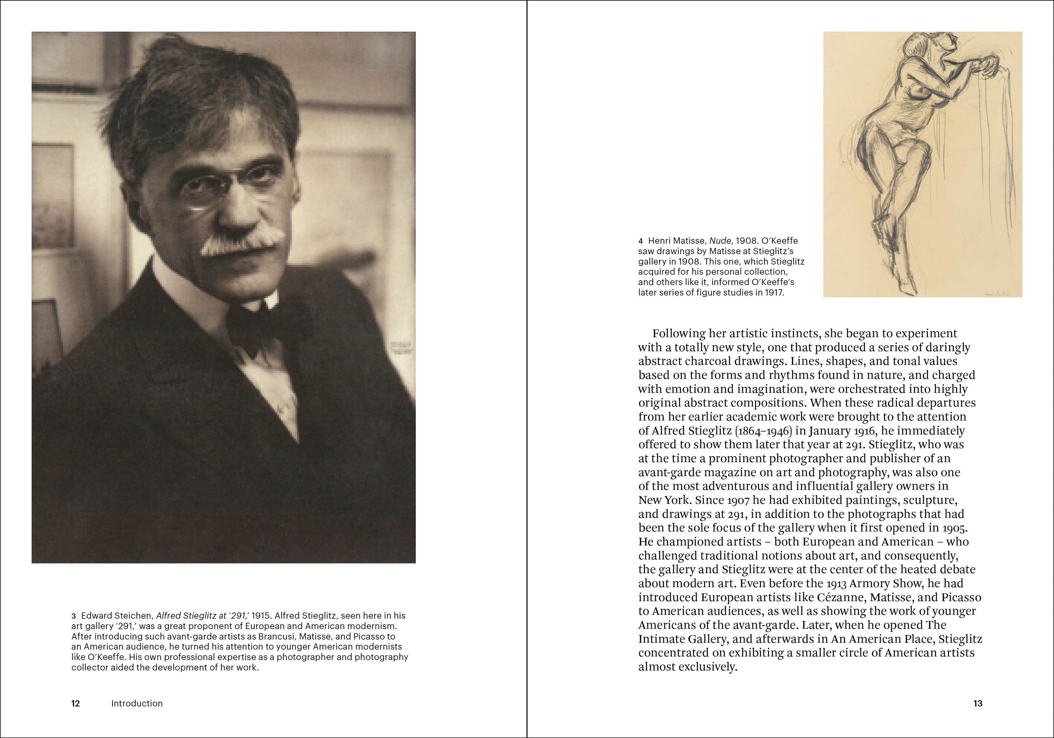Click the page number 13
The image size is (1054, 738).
point(978,704)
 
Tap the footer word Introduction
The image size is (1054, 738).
point(137,704)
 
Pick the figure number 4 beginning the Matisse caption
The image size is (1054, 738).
point(640,241)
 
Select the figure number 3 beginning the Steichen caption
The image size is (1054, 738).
point(73,616)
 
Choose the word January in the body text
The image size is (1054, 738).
point(815,431)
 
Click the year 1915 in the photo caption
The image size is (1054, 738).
point(261,616)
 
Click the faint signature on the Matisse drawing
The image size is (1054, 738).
point(997,292)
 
